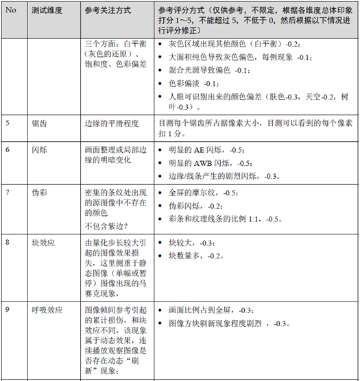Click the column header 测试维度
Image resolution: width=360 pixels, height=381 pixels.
click(47, 13)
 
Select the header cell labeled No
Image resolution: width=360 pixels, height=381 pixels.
click(10, 13)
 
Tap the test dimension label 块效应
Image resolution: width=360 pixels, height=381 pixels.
click(43, 243)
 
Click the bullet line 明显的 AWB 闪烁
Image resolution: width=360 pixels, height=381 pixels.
click(209, 164)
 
